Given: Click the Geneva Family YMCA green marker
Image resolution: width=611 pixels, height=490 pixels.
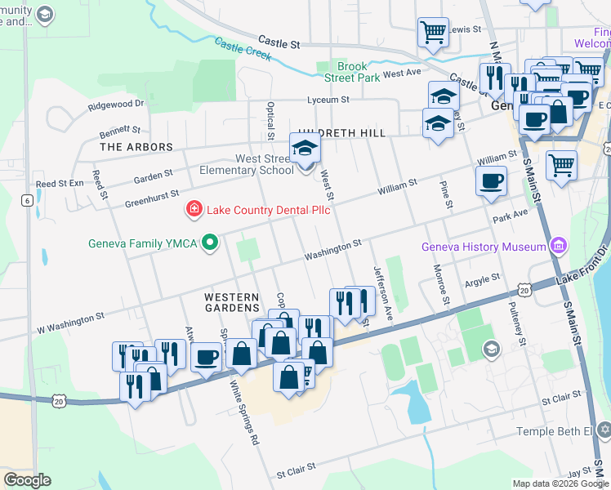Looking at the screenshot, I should pos(210,243).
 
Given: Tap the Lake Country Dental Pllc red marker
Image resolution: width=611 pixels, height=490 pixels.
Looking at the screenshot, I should pos(194,210).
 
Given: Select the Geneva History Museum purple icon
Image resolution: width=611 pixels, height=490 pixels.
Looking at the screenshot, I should pos(558,246).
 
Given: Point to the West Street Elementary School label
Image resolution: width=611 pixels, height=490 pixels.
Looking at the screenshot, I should pos(247,163).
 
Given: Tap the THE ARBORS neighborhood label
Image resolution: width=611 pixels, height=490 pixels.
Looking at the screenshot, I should pos(136,147).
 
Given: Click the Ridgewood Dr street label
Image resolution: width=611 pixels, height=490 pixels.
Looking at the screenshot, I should pos(116,104).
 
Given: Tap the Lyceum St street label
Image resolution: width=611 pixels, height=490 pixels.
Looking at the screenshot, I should pos(328,100).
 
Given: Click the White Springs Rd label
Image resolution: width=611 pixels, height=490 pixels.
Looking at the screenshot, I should pos(244,412).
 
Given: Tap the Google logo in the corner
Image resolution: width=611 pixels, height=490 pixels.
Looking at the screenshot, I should pos(27,480).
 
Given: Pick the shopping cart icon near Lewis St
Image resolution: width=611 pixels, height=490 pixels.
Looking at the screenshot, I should pos(433,33).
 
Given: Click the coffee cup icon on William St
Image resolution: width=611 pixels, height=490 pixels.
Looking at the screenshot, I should pos(491,180).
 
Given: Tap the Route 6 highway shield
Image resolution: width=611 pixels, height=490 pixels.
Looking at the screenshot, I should pos(27,201).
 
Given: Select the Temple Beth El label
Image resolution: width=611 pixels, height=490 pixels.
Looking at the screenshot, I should pos(559,431).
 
